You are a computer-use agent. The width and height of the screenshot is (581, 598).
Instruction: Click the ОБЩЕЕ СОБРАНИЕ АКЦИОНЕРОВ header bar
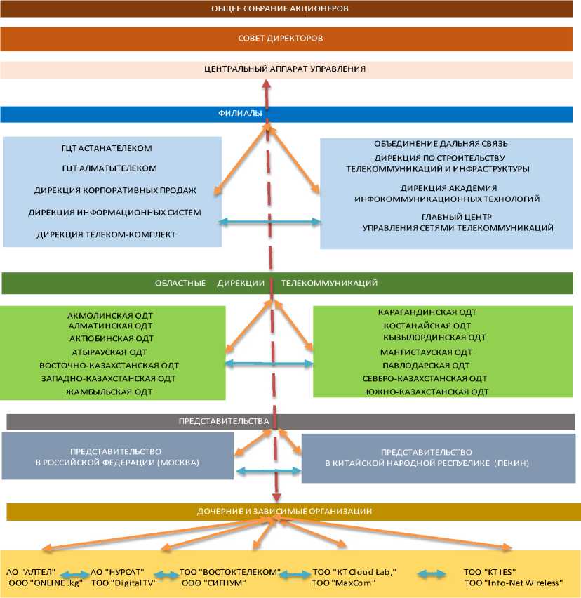(x=290, y=9)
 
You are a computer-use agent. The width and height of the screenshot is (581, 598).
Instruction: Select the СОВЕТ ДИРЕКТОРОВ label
(x=290, y=38)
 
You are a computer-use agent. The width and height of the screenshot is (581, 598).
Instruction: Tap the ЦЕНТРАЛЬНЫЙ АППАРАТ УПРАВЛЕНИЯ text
(x=285, y=69)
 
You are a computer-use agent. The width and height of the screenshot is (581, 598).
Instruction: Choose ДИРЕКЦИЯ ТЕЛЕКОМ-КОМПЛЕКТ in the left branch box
(x=106, y=234)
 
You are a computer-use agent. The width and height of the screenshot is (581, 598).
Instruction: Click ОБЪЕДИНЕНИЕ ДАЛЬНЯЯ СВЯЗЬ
(x=436, y=144)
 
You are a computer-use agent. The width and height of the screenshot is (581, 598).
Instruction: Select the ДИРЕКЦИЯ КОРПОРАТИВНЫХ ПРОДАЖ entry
(x=115, y=190)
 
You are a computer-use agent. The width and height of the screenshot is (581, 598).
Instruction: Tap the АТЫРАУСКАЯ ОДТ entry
(x=109, y=352)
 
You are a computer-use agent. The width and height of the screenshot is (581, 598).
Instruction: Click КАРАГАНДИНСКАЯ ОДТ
(x=427, y=312)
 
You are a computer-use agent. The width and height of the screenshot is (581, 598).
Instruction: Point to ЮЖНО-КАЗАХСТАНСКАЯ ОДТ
(x=427, y=392)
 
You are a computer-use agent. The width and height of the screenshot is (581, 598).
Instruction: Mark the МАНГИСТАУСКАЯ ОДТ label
(x=426, y=352)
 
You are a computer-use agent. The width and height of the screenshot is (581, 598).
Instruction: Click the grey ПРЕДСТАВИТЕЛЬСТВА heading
(x=224, y=421)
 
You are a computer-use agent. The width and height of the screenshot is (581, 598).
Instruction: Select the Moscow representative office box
(x=117, y=457)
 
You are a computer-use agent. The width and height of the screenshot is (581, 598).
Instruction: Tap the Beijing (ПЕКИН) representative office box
(x=426, y=458)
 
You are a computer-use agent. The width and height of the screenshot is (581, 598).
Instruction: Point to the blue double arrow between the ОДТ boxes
(x=269, y=364)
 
